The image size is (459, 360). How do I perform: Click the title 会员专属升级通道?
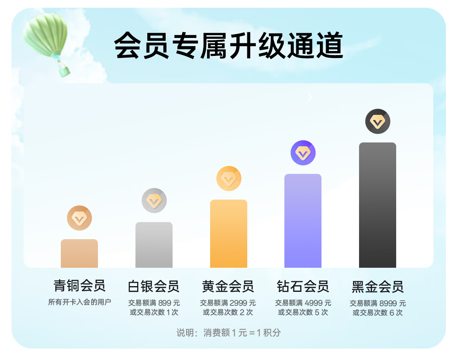click(228, 46)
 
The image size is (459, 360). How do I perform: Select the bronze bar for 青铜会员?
click(79, 253)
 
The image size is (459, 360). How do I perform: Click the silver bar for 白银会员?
click(154, 245)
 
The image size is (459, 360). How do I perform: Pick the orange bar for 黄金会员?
click(228, 233)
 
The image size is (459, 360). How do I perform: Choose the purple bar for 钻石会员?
click(303, 221)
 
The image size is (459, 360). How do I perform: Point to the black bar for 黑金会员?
click(378, 205)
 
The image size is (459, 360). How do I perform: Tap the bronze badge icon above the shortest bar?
click(79, 218)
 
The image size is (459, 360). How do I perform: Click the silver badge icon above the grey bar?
click(154, 201)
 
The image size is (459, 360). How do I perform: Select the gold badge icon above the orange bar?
click(228, 178)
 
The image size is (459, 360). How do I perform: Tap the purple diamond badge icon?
click(303, 153)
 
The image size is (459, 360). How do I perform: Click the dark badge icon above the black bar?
click(378, 121)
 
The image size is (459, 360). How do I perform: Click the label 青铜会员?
click(79, 286)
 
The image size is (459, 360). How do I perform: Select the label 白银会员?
click(154, 286)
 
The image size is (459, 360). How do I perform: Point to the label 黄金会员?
click(228, 286)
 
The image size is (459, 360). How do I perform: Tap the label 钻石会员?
click(303, 286)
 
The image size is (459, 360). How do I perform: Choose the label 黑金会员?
click(378, 287)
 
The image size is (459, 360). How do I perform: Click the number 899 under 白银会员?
click(164, 303)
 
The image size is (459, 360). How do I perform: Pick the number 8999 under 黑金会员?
click(388, 303)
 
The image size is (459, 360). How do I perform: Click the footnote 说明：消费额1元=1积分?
click(228, 333)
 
